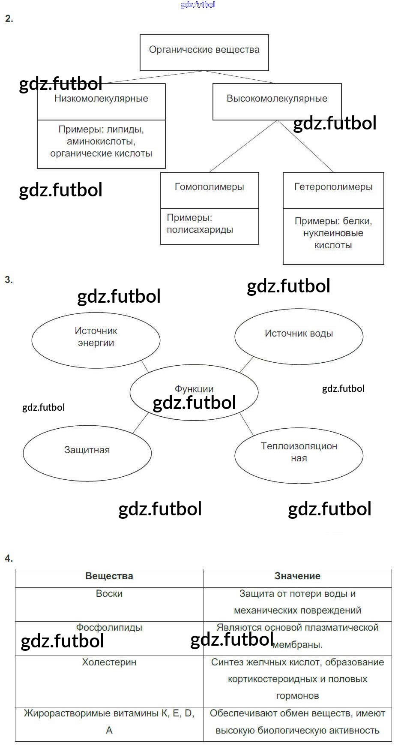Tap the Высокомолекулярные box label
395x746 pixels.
277,99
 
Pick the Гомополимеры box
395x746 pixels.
209,187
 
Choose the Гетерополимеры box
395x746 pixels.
333,187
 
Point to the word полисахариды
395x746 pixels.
200,230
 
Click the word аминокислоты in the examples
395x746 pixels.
101,141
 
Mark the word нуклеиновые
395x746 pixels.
333,233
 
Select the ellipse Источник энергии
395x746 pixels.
96,337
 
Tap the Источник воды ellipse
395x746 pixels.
299,334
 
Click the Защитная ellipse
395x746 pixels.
87,450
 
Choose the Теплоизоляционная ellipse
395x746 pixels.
299,452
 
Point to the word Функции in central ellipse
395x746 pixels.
194,389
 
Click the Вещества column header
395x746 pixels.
109,576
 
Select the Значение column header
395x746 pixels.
297,576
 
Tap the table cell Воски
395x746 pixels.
109,594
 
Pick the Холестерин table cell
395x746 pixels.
109,662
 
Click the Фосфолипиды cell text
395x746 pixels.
109,628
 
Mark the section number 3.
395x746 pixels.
9,280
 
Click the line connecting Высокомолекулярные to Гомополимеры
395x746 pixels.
243,146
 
